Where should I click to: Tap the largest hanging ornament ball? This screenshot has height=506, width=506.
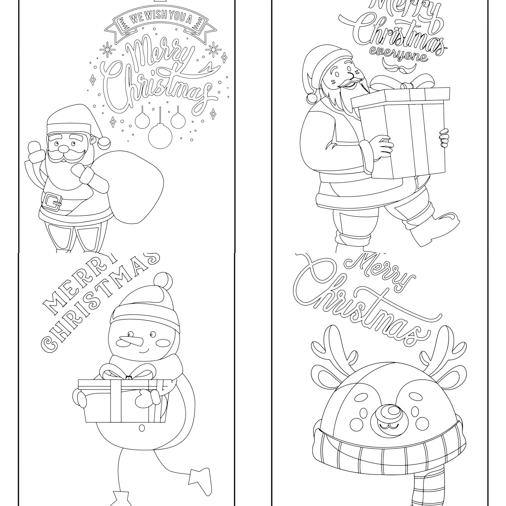[x=160, y=136]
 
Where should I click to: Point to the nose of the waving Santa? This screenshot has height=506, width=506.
[x=63, y=149]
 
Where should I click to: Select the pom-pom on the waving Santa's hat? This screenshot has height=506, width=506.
[x=104, y=141]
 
